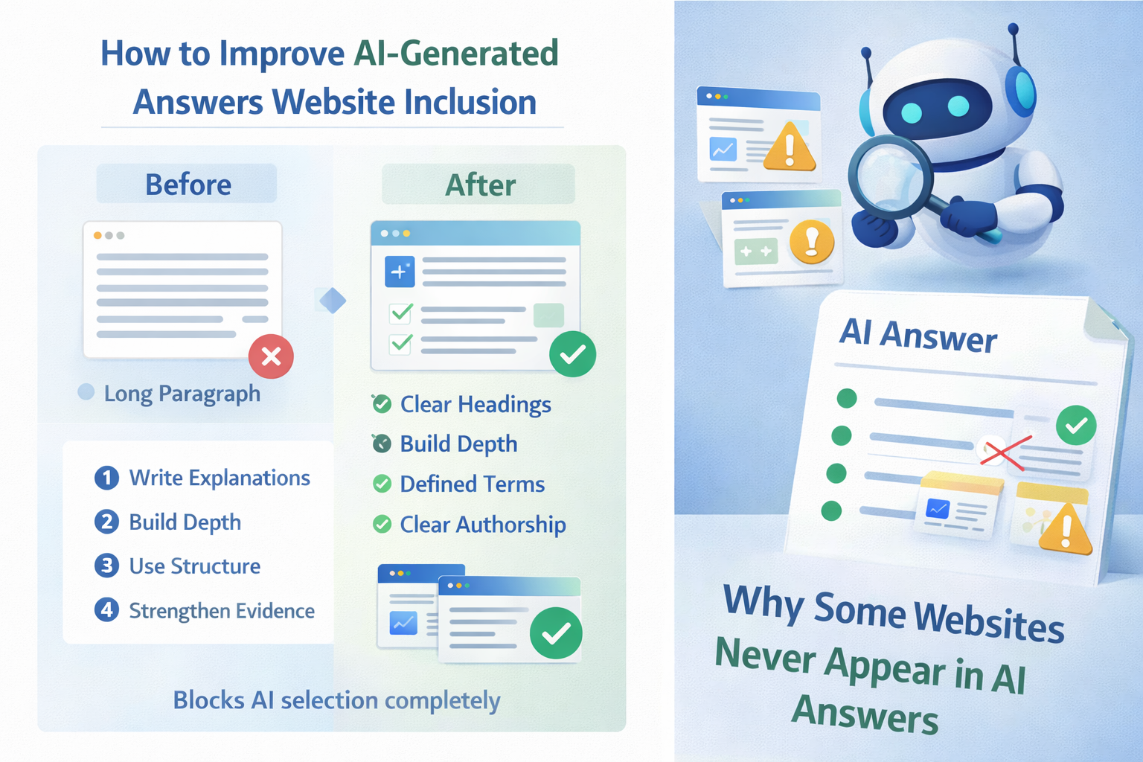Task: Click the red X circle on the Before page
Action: coord(271,356)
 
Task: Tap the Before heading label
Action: coord(188,185)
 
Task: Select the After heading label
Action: coord(480,185)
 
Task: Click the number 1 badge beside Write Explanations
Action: coord(106,478)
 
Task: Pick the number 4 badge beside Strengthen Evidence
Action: coord(106,610)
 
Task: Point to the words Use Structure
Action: coord(195,566)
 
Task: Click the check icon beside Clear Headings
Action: coord(382,404)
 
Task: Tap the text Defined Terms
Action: coord(473,484)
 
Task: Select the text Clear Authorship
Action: coord(483,525)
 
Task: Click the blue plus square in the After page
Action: coord(400,272)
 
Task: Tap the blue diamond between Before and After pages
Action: coord(333,300)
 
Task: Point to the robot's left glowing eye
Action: coord(912,113)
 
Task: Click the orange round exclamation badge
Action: coord(811,241)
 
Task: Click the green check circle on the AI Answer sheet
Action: coord(1076,425)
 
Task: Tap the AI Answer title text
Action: coord(918,336)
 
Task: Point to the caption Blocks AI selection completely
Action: coord(337,700)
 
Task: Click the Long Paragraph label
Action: coord(182,394)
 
